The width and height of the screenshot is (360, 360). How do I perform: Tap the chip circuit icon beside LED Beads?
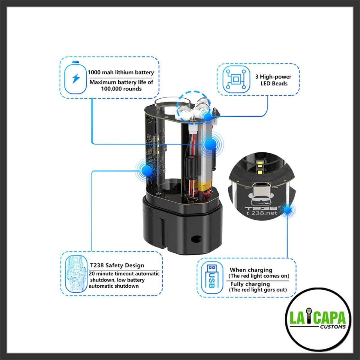tap(236, 79)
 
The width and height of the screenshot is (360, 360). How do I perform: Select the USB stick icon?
tap(212, 277)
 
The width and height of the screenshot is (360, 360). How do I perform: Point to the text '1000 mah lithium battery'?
tap(121, 73)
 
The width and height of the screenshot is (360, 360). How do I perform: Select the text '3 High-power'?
tap(273, 76)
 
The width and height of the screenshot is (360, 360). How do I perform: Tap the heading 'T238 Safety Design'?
tap(117, 265)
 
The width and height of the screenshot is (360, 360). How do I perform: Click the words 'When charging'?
tap(251, 270)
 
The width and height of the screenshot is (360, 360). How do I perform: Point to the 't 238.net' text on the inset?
tap(262, 213)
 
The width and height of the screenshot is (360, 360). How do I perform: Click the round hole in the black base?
tap(196, 238)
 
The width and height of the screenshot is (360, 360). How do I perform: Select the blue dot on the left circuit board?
tap(147, 170)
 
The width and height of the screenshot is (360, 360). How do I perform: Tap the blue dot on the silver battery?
tap(210, 144)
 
